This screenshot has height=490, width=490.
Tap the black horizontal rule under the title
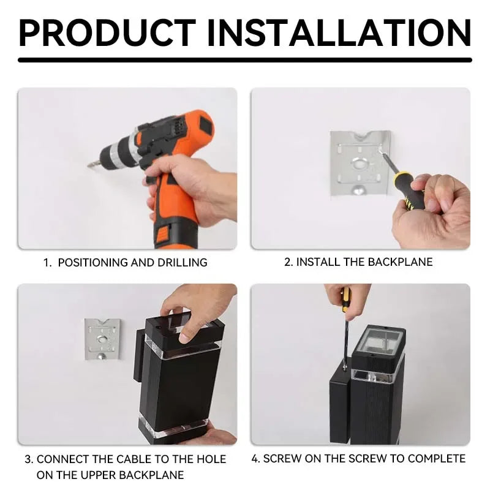(x=245, y=59)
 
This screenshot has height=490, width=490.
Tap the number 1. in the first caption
(x=47, y=263)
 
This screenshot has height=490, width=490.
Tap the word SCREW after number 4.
(x=282, y=458)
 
